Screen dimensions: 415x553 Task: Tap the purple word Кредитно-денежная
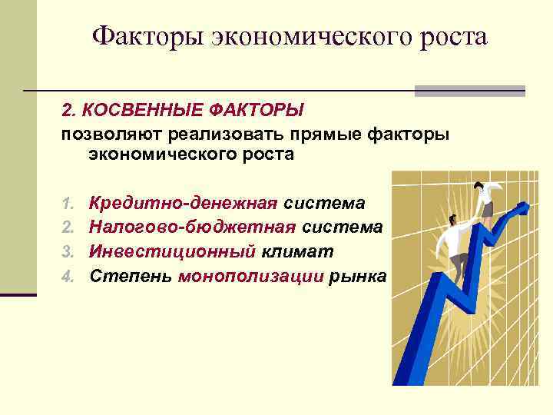point(183,204)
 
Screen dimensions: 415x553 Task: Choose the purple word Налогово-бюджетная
point(193,227)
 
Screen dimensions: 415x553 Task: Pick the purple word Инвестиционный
point(172,251)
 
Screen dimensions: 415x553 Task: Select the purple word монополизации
point(250,276)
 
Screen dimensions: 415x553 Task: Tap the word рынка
point(358,276)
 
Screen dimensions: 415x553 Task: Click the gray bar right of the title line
point(469,91)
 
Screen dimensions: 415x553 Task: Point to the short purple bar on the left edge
point(18,294)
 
